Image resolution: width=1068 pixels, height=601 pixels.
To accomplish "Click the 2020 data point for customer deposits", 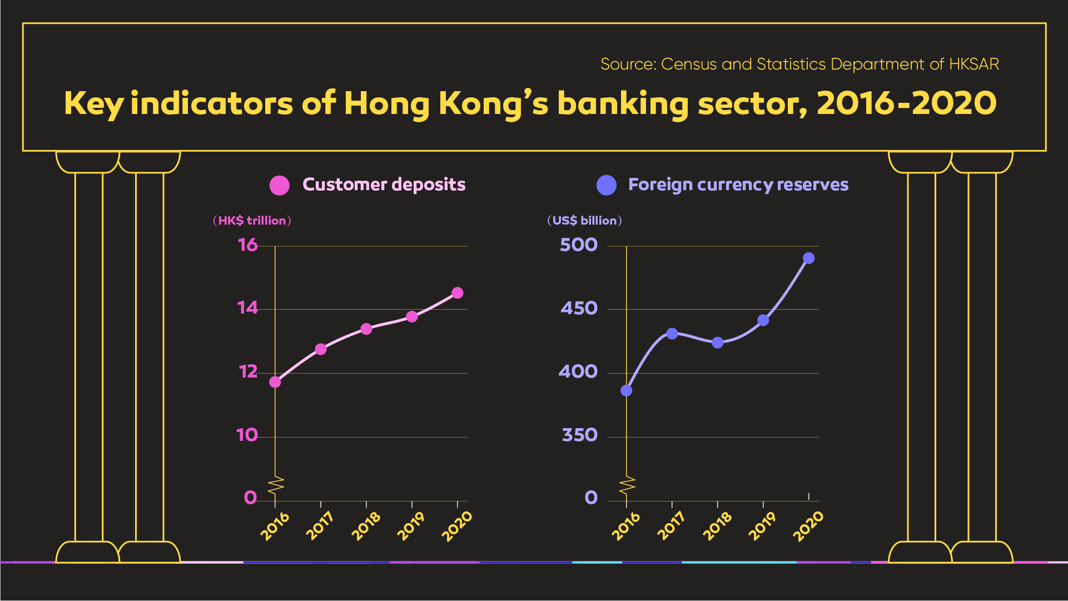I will pos(457,293).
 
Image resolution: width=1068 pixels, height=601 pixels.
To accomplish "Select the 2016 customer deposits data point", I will pos(275,382).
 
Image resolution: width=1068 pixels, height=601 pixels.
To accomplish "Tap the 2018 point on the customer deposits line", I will pos(366,329).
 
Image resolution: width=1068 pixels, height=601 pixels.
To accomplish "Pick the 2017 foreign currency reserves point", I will pos(672,334).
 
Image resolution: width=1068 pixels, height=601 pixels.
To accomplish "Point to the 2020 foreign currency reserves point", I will pos(809,259).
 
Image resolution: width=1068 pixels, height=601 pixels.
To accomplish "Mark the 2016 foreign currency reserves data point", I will pos(627,391).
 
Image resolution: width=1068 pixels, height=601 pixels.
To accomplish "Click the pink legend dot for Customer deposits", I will pos(280,185).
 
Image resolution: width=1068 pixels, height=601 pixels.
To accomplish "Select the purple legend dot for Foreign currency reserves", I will pos(607,185).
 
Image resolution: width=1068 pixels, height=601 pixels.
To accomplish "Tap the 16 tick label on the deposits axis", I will pos(248,245).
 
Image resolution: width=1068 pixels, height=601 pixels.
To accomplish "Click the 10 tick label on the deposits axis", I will pos(247,435).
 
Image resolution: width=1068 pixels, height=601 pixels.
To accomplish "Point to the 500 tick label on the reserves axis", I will pos(579,245).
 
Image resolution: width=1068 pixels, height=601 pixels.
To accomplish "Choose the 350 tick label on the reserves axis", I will pos(580,435).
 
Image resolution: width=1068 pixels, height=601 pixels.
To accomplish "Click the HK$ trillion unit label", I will pos(252,221).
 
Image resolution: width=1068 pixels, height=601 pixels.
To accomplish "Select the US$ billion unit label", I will pos(585,221).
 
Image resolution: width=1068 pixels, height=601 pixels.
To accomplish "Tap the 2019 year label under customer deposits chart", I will pos(410,526).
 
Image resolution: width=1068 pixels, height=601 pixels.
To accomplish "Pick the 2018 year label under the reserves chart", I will pos(717,526).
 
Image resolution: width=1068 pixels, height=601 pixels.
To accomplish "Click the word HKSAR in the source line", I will pos(974,64).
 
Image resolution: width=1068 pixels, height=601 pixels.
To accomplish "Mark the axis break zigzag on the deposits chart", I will pos(276,485).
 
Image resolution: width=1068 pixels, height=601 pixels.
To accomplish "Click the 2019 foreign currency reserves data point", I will pos(763,321).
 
